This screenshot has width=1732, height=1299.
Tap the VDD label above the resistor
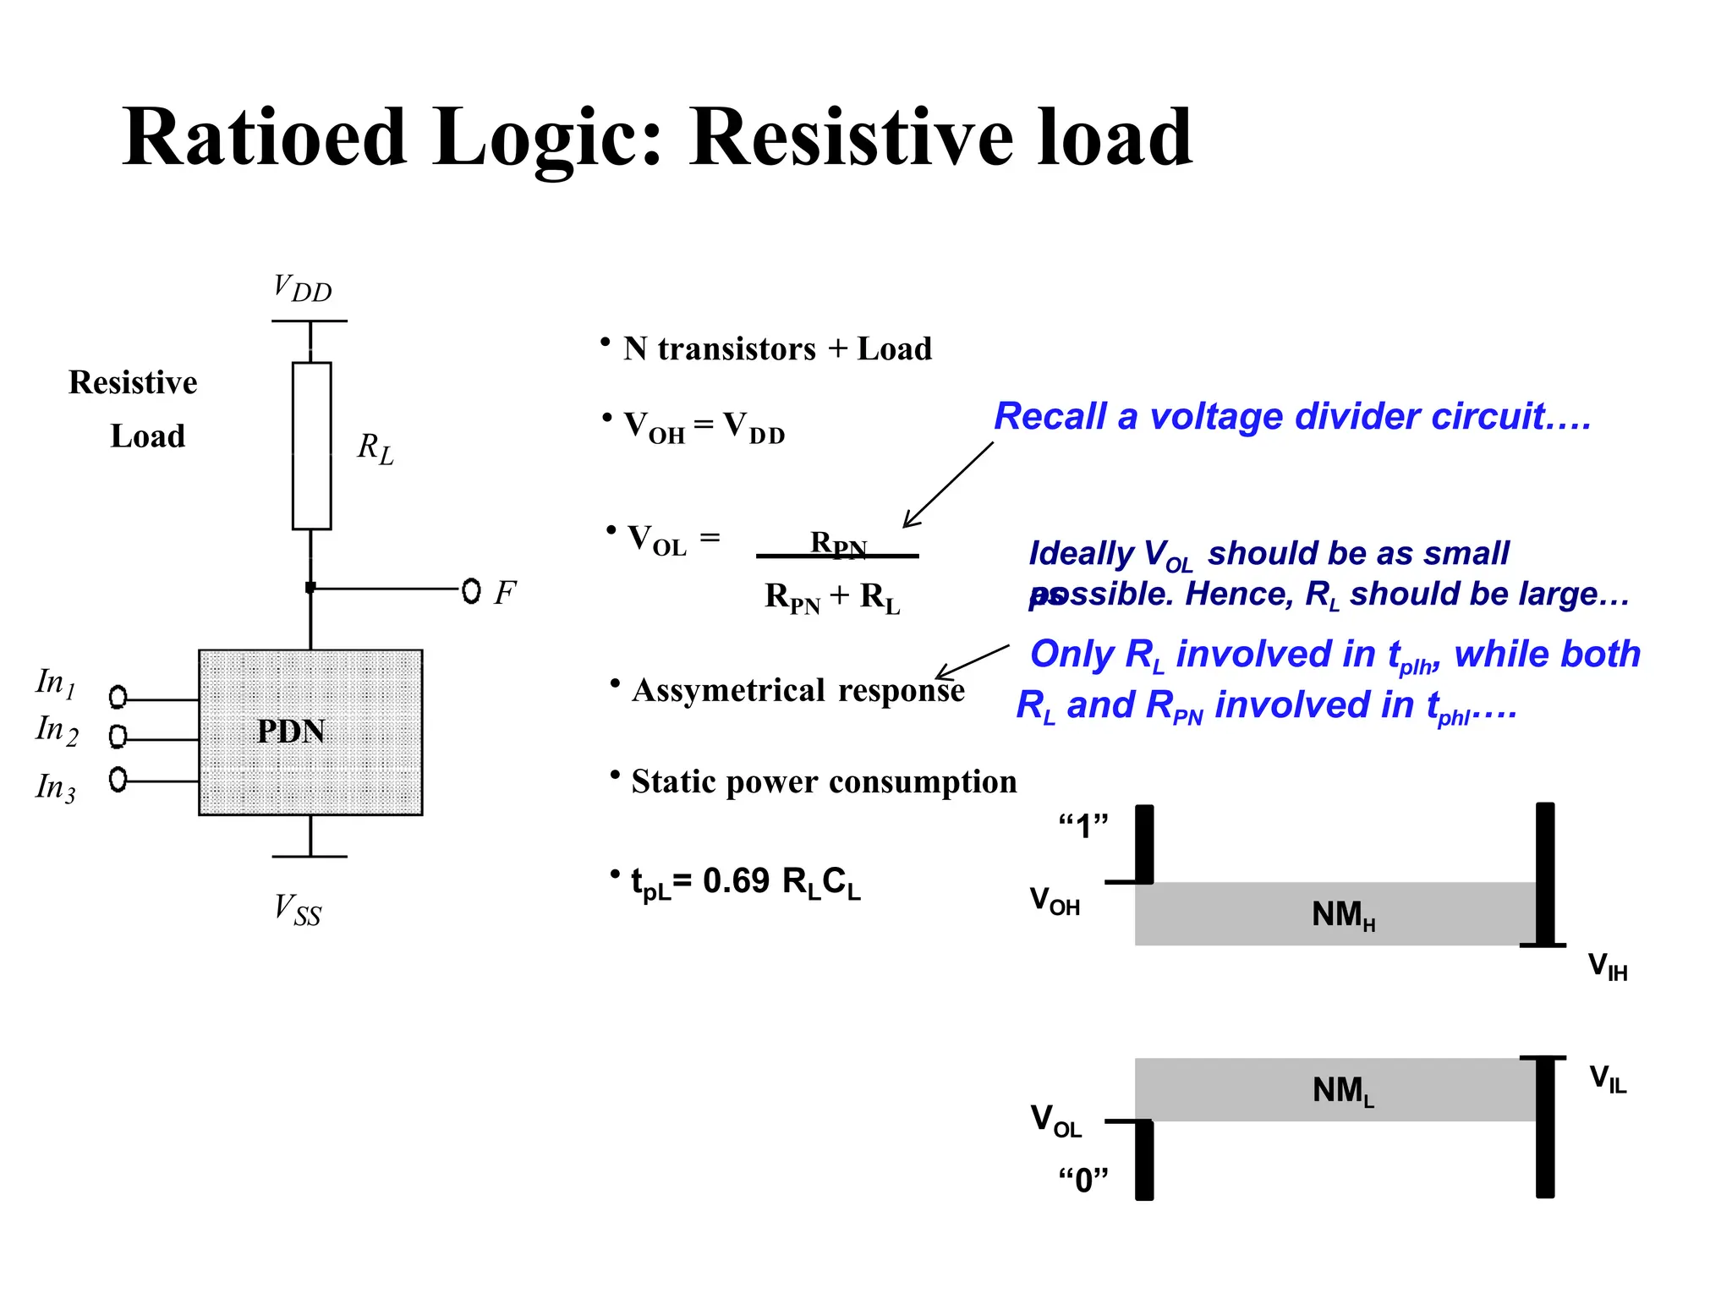click(x=302, y=289)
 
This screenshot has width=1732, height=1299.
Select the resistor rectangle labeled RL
click(x=311, y=446)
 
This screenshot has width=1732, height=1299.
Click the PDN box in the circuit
click(x=310, y=732)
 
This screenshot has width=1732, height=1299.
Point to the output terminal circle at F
click(x=471, y=590)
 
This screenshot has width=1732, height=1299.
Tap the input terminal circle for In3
click(x=118, y=779)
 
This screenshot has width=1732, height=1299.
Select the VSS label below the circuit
click(x=298, y=911)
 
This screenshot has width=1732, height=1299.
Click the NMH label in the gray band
click(x=1343, y=915)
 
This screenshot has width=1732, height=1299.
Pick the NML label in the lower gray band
click(x=1343, y=1091)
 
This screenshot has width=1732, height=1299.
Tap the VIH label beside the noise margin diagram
click(x=1607, y=967)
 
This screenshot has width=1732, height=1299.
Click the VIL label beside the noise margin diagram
click(x=1607, y=1079)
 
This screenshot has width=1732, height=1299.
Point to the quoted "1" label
click(x=1083, y=825)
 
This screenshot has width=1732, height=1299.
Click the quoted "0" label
click(x=1083, y=1179)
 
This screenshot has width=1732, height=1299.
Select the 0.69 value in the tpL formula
click(x=736, y=881)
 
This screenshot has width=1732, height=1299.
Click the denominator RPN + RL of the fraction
click(x=832, y=597)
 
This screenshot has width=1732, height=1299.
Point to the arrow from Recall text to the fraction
click(x=948, y=485)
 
